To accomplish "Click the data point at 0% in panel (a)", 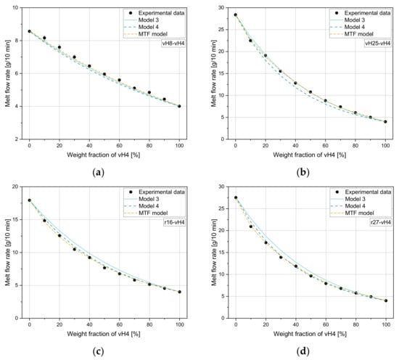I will [x=29, y=31].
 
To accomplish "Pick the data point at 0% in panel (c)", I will [x=29, y=200].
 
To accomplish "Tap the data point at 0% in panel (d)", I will [x=235, y=197].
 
